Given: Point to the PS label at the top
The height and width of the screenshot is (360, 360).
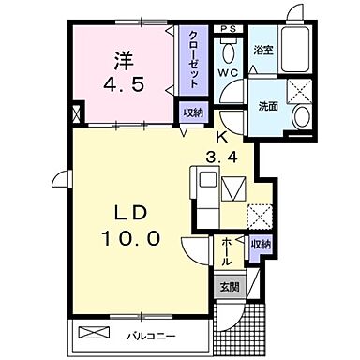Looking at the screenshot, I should pyautogui.click(x=228, y=30).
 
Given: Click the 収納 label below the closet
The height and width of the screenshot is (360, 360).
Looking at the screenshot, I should pyautogui.click(x=192, y=112).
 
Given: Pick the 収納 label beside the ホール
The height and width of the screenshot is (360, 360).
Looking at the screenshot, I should pyautogui.click(x=260, y=244).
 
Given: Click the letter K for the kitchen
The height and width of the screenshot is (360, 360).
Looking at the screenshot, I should pyautogui.click(x=223, y=136).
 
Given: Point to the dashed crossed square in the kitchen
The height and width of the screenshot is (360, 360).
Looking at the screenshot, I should pyautogui.click(x=260, y=217).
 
